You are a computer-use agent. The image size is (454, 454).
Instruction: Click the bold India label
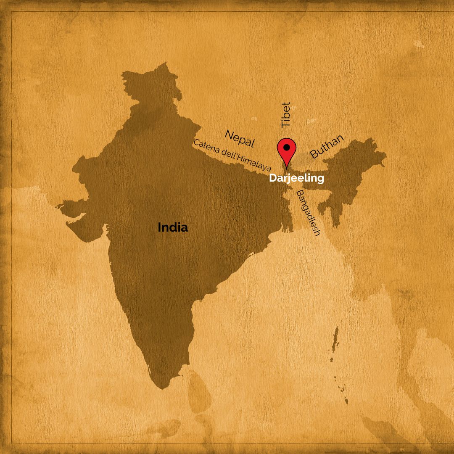pyautogui.click(x=173, y=228)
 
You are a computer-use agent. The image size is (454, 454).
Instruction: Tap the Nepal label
pyautogui.click(x=240, y=138)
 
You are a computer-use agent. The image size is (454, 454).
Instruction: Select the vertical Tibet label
pyautogui.click(x=286, y=115)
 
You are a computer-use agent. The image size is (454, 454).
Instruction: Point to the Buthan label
pyautogui.click(x=327, y=146)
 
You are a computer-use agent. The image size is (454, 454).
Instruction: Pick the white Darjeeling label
pyautogui.click(x=296, y=178)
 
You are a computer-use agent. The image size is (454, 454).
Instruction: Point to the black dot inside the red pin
pyautogui.click(x=287, y=148)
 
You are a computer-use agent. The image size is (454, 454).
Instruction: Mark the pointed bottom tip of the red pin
pyautogui.click(x=287, y=167)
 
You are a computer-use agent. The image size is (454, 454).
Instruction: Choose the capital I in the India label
pyautogui.click(x=159, y=228)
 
